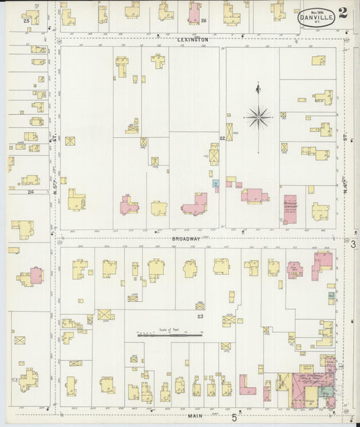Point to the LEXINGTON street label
pos(193,40)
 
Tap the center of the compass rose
pos(258,117)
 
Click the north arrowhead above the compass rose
pos(257,88)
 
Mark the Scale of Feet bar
pos(171,334)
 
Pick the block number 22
pos(222,138)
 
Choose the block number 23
pos(200,316)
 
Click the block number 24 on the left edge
pos(30,192)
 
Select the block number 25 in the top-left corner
pos(26,21)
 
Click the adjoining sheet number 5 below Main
pos(234,418)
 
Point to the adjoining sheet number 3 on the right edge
pos(353,243)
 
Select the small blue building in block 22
pos(216,183)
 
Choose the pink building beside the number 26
pos(195,12)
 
